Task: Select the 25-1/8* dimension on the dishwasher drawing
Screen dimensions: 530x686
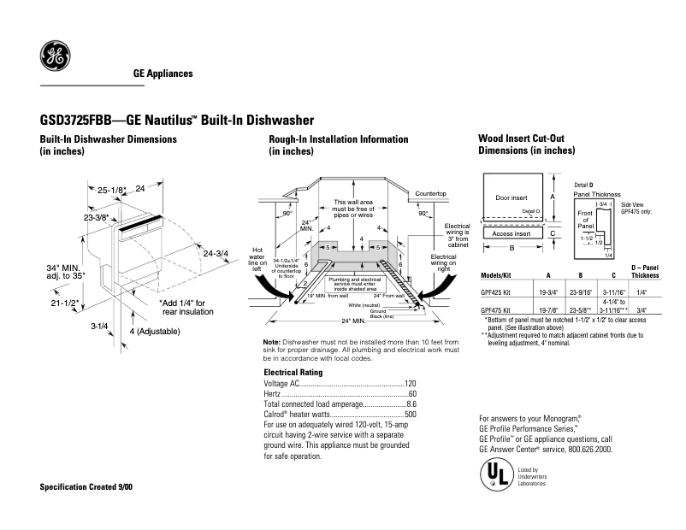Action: pyautogui.click(x=111, y=189)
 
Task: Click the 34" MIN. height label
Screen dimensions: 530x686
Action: pyautogui.click(x=65, y=268)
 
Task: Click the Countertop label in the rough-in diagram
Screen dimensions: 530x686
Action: pyautogui.click(x=431, y=194)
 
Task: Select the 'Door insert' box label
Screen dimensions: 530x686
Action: pyautogui.click(x=512, y=198)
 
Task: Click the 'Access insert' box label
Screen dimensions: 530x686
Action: pyautogui.click(x=512, y=233)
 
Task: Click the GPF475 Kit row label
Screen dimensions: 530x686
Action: pyautogui.click(x=497, y=310)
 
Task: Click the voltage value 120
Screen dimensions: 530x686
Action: pyautogui.click(x=410, y=384)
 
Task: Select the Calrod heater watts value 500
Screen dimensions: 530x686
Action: pyautogui.click(x=410, y=415)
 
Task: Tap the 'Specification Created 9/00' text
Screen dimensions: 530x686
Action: pyautogui.click(x=86, y=486)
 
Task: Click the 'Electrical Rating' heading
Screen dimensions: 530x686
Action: pyautogui.click(x=293, y=373)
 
